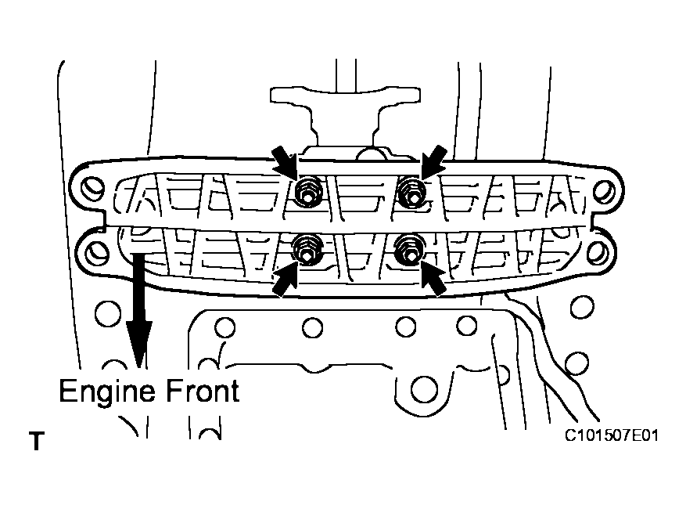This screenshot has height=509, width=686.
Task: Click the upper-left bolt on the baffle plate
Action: [x=307, y=191]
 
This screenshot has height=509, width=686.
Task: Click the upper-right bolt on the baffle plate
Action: [x=411, y=190]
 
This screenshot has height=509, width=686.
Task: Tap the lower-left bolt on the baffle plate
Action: [x=308, y=249]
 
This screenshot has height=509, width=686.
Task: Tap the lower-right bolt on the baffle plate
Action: [x=409, y=249]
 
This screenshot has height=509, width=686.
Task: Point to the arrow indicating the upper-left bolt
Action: [x=283, y=159]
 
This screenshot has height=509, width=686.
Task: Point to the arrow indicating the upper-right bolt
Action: [x=434, y=159]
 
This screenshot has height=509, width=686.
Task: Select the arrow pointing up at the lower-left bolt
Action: [x=286, y=280]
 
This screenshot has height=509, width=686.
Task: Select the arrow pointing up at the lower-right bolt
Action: [x=433, y=280]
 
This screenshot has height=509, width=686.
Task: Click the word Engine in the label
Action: [x=108, y=391]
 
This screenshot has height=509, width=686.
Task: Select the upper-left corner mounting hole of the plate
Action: [x=92, y=188]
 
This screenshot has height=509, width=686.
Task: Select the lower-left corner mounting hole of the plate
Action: [x=97, y=251]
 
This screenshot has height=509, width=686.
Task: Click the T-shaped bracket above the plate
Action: [x=345, y=110]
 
